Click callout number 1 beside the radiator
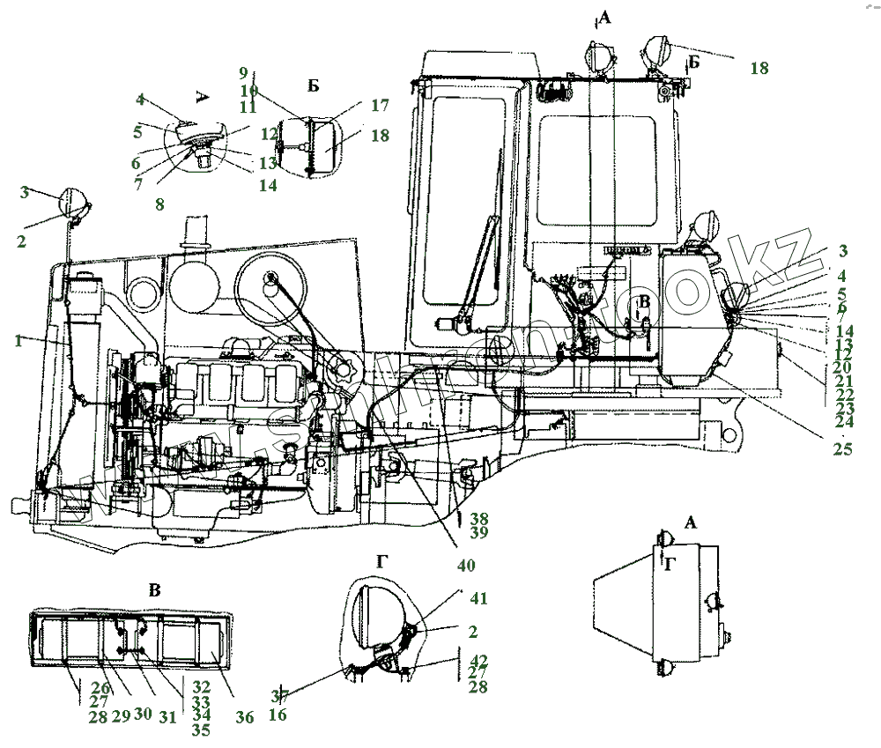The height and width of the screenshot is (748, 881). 18,342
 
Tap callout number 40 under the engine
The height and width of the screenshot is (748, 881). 466,565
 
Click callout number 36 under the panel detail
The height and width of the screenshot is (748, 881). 245,718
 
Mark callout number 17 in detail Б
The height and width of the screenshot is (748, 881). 380,105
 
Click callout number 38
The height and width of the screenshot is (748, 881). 479,519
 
